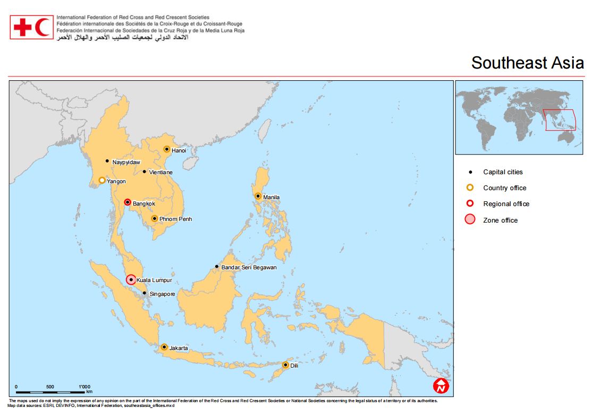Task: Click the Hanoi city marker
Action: [166, 149]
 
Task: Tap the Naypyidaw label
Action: [127, 161]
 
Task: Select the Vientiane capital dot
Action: [144, 172]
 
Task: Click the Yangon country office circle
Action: [102, 180]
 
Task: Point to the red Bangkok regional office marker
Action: [127, 202]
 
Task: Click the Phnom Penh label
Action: [175, 219]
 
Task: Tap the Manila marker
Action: [258, 196]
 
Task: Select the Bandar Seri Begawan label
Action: [249, 267]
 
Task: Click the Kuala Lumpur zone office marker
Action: [131, 279]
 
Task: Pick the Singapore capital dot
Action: [144, 293]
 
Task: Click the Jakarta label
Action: [179, 348]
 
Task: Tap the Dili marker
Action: [285, 365]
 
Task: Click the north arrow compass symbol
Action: [441, 386]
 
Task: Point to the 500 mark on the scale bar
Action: [50, 386]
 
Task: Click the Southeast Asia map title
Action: [527, 63]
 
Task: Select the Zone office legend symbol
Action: [470, 219]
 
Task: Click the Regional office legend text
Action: [506, 204]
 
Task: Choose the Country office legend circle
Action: [470, 188]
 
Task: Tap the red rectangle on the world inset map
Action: [560, 120]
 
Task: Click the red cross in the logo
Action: [23, 27]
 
